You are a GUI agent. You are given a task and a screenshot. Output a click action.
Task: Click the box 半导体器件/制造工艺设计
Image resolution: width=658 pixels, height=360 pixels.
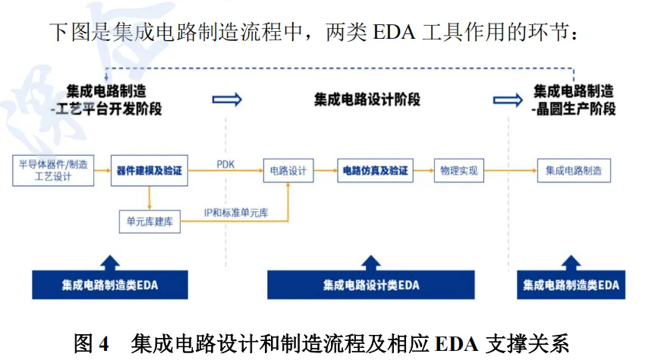tap(53, 171)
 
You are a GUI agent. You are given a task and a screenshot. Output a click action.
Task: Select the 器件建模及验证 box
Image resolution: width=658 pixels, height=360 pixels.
tap(150, 171)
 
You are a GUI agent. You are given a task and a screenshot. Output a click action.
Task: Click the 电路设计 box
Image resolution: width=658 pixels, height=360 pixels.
tap(288, 171)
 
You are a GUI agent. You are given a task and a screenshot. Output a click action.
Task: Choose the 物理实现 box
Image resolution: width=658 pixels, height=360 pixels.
tap(459, 171)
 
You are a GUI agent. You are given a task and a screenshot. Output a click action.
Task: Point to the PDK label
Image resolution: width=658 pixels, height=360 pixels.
tap(226, 163)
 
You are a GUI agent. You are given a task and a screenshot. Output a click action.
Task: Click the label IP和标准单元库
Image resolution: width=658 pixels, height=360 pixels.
tap(235, 213)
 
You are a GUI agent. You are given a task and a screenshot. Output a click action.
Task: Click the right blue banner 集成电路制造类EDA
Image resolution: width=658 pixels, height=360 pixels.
tap(571, 285)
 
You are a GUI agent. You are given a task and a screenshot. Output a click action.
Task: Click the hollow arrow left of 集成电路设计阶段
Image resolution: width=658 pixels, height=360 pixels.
tap(227, 99)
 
